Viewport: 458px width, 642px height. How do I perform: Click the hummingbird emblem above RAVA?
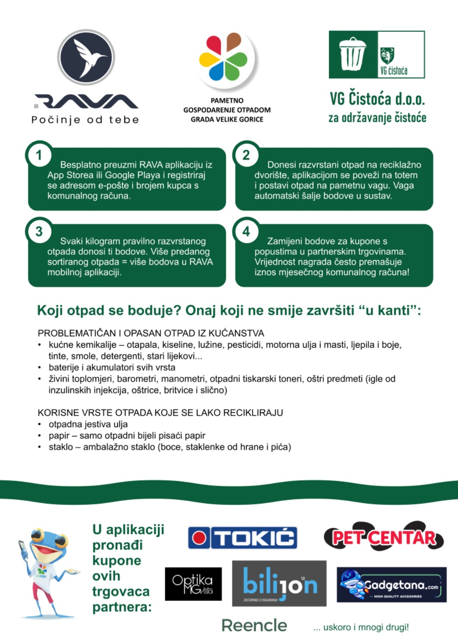coord(87,57)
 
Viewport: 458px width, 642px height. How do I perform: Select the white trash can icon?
coord(352,54)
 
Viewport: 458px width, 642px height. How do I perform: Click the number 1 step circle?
coord(39,155)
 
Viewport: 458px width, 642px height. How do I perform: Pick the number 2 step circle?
coord(246,155)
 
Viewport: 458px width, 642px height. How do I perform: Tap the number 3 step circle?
coord(39,232)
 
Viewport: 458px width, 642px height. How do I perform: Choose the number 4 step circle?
coord(246,232)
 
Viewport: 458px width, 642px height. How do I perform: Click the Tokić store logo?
coord(243,538)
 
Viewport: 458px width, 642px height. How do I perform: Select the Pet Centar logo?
coord(384,537)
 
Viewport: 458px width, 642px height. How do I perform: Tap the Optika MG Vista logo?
coord(193,584)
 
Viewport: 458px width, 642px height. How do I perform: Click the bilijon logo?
coord(279,583)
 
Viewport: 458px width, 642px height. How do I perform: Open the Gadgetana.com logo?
coord(391,585)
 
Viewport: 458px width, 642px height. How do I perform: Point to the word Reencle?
coord(254,625)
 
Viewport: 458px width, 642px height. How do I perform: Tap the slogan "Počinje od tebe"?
coord(85,120)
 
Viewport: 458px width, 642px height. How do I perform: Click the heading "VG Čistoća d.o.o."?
coord(377,99)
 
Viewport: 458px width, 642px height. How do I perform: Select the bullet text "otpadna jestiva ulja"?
coord(88,424)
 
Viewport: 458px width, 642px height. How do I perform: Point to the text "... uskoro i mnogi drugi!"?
coord(361,627)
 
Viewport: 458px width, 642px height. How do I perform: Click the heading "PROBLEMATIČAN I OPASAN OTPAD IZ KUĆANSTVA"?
coord(151,333)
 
